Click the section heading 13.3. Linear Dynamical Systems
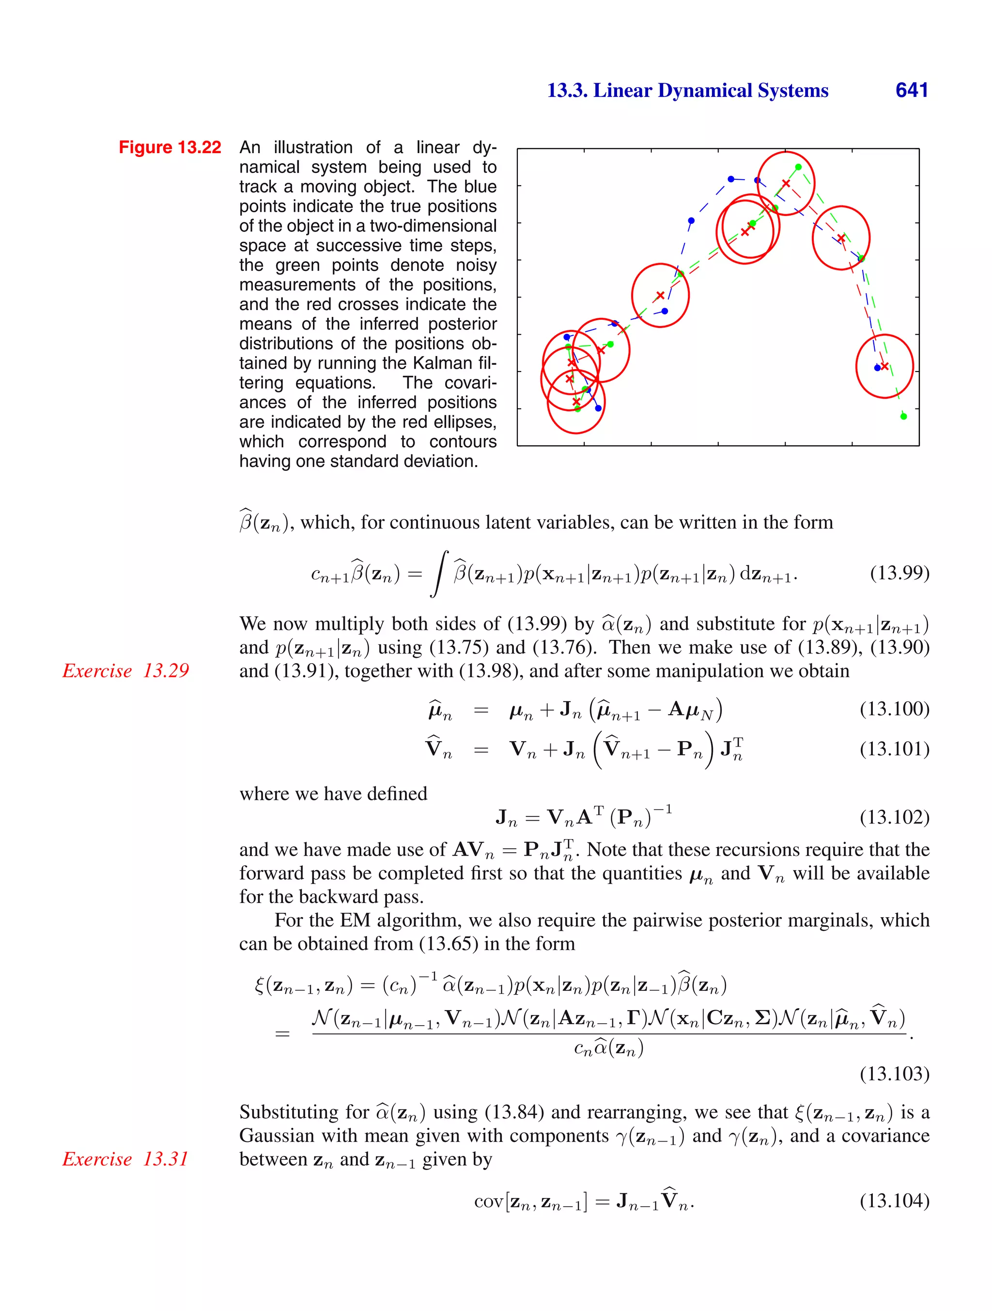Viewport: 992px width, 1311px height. [687, 91]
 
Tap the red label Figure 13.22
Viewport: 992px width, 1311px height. [170, 147]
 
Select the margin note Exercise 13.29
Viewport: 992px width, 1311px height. [125, 671]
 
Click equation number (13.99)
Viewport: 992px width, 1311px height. [899, 573]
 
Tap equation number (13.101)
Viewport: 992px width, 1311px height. [894, 749]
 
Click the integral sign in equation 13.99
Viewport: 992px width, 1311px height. [439, 573]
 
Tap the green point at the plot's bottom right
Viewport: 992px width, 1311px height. [903, 416]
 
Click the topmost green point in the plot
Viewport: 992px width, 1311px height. [798, 167]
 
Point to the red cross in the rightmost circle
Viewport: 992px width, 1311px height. [884, 366]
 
